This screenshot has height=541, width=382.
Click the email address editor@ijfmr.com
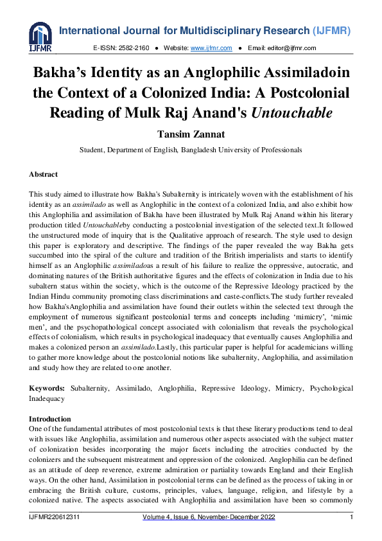pos(290,48)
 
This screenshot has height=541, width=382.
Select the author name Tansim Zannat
pos(191,134)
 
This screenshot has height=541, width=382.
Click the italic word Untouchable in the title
pos(291,113)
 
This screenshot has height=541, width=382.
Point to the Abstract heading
pos(43,174)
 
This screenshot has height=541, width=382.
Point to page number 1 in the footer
pos(351,517)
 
